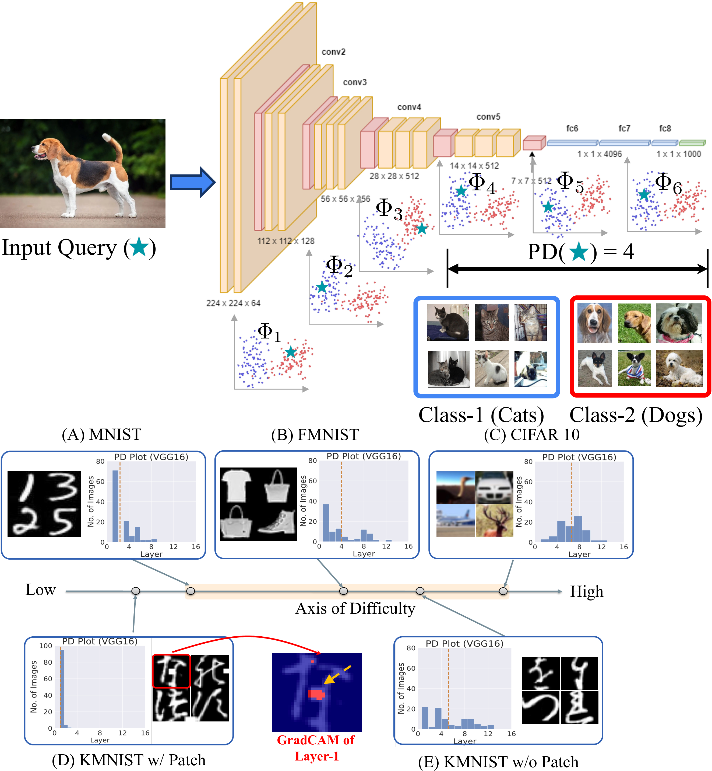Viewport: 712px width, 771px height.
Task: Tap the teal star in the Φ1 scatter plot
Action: coord(291,352)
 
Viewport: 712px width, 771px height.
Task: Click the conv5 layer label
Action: coord(488,117)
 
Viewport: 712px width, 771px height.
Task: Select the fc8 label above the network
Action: coord(665,128)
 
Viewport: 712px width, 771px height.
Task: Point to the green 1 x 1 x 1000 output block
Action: coord(692,143)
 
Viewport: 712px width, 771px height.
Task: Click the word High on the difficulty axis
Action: coord(586,591)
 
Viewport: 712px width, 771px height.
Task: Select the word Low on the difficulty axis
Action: coord(40,590)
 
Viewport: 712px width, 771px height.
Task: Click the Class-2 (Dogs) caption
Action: coord(636,415)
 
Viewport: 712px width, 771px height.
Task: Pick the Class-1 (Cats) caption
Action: coord(481,415)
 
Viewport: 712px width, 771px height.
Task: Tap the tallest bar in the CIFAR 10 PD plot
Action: coord(577,529)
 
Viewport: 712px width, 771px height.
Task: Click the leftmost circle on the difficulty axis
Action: coord(136,591)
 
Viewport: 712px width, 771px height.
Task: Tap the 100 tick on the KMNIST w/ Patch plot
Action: coord(45,646)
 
